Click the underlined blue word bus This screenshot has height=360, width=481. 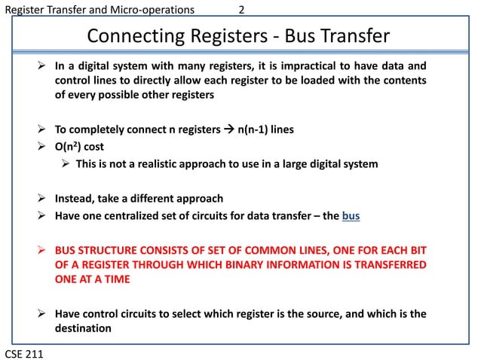(x=351, y=217)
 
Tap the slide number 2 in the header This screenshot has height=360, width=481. (x=241, y=11)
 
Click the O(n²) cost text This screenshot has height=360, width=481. (x=79, y=147)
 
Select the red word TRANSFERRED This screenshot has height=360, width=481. (x=383, y=264)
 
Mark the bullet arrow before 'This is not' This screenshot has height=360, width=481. (x=66, y=164)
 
